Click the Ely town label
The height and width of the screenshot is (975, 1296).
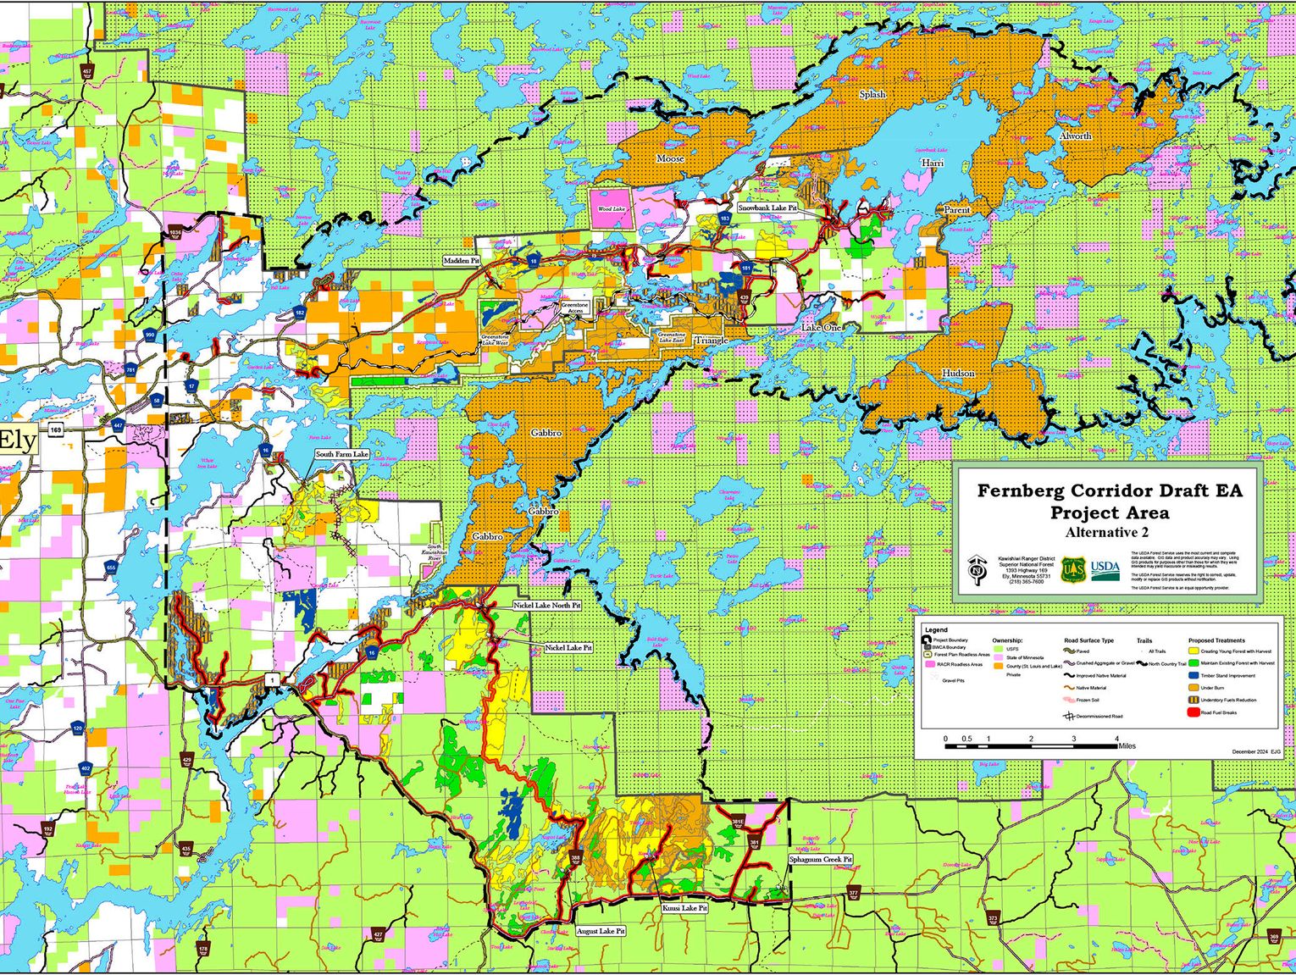[17, 440]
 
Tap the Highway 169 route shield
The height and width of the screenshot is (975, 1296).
[55, 430]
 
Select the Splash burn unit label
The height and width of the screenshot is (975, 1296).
[872, 94]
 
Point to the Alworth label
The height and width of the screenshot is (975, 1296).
[1075, 136]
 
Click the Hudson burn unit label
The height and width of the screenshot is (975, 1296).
[958, 374]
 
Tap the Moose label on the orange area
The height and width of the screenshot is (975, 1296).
[670, 159]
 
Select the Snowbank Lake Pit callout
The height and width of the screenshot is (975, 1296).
[767, 208]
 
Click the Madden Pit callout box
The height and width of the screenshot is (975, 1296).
[462, 261]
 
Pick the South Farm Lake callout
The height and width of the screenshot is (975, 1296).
[342, 455]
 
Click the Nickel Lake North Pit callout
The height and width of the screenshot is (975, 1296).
[547, 606]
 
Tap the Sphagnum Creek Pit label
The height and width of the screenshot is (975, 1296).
[821, 859]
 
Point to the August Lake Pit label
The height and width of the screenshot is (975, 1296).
[601, 931]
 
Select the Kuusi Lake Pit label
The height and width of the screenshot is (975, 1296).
[684, 907]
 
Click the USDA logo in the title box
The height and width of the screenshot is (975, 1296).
[1105, 568]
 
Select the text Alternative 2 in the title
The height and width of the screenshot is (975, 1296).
[1107, 533]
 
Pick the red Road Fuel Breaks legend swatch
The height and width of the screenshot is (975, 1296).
[1193, 712]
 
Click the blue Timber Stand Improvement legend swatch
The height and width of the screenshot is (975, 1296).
[1193, 676]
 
